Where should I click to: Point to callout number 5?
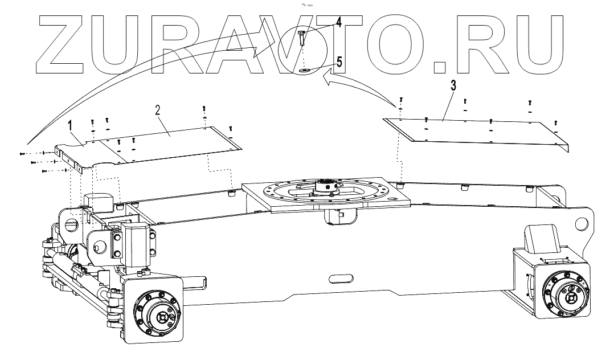point(339,62)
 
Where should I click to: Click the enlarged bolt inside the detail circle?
point(302,38)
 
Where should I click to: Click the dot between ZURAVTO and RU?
point(439,68)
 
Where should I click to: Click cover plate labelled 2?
point(171,142)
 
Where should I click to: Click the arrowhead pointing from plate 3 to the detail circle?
point(326,82)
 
